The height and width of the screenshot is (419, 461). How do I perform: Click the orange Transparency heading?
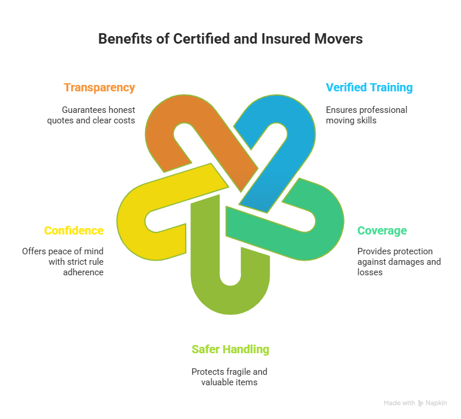pyautogui.click(x=99, y=88)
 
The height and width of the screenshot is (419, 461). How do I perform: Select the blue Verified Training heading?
pyautogui.click(x=369, y=88)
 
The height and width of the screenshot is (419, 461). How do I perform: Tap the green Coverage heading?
pyautogui.click(x=382, y=231)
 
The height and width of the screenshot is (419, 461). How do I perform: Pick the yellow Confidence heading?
pyautogui.click(x=74, y=231)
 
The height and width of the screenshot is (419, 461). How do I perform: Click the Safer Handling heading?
pyautogui.click(x=230, y=350)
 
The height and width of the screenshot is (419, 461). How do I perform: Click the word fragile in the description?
pyautogui.click(x=236, y=372)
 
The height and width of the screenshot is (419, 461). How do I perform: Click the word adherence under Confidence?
pyautogui.click(x=83, y=272)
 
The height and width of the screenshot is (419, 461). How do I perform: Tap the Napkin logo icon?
pyautogui.click(x=421, y=403)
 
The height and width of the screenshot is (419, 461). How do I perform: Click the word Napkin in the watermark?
pyautogui.click(x=437, y=403)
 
